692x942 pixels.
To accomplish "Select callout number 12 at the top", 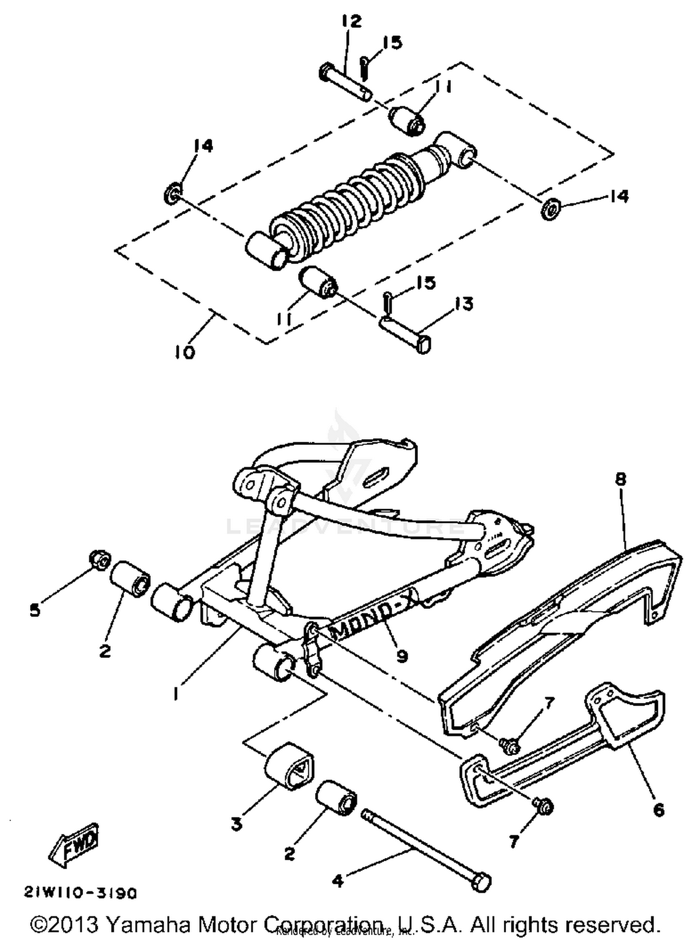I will tap(352, 21).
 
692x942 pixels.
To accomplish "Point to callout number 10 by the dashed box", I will tap(185, 352).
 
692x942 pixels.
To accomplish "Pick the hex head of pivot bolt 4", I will tap(482, 882).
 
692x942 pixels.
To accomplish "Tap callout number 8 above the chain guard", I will tap(620, 479).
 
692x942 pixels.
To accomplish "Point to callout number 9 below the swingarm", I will tap(402, 656).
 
